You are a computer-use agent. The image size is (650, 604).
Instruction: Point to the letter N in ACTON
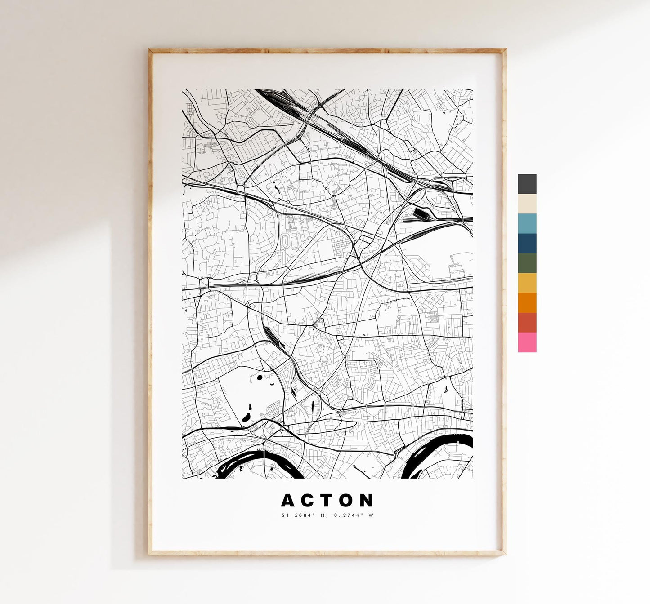(367, 500)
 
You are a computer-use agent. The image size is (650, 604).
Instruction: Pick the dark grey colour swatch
(527, 184)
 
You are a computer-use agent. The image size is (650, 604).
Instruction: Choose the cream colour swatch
(527, 204)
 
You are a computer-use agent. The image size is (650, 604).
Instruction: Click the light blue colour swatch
(527, 223)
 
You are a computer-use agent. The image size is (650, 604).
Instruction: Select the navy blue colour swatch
(527, 243)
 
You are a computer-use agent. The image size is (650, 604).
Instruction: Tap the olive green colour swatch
(527, 263)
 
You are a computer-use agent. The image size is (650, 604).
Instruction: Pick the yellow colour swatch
(527, 283)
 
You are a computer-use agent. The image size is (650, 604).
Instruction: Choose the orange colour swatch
(527, 302)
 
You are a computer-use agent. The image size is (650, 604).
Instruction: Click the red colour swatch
(527, 322)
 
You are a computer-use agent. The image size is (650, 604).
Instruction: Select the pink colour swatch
(527, 342)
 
